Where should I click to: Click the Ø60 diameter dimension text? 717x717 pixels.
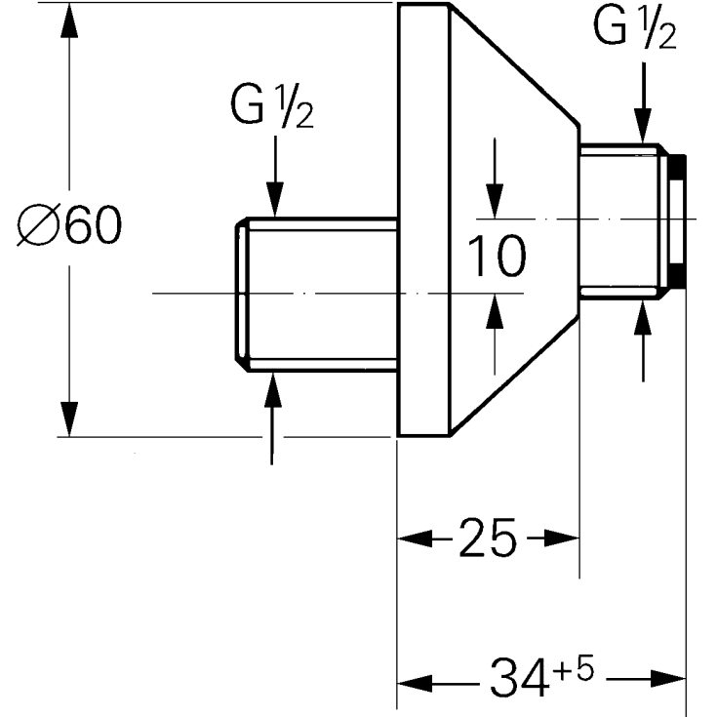70,226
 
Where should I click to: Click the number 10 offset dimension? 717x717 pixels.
497,256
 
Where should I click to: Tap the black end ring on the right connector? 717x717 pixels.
680,221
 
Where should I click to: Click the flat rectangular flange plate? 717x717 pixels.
421,219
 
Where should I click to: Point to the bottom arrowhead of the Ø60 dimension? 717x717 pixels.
68,419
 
